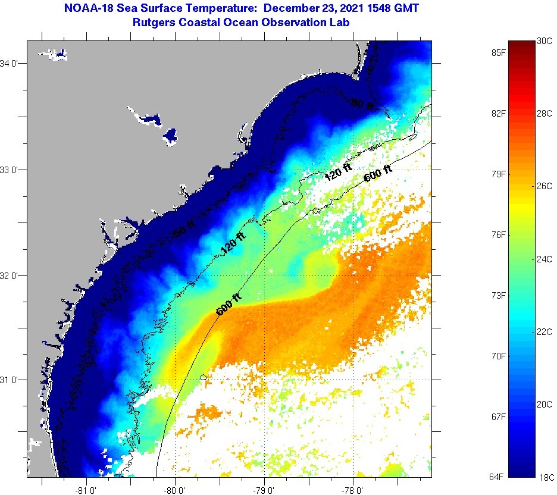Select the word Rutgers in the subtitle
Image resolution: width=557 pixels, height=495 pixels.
[154, 23]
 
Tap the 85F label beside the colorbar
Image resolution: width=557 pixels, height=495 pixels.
[499, 52]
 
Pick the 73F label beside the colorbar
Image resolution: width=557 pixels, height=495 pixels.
[499, 296]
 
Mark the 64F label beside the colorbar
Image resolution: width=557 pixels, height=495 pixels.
[499, 477]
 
